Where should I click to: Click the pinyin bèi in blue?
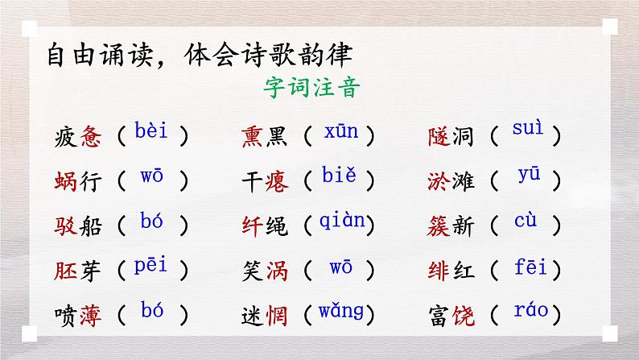coord(152,130)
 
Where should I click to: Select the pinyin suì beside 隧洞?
coord(527,129)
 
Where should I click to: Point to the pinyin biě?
coord(338,175)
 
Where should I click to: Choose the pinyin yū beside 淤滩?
coord(529,176)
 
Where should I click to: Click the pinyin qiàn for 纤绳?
coord(341,220)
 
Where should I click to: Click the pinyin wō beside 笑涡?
coord(341,265)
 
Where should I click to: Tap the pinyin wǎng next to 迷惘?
coord(341,310)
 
